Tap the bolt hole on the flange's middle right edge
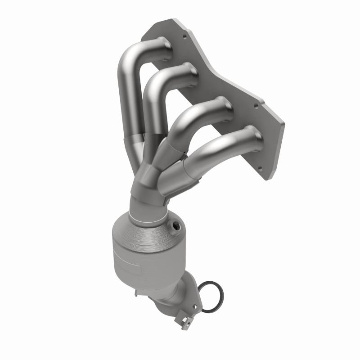256,107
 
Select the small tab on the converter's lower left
139,293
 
